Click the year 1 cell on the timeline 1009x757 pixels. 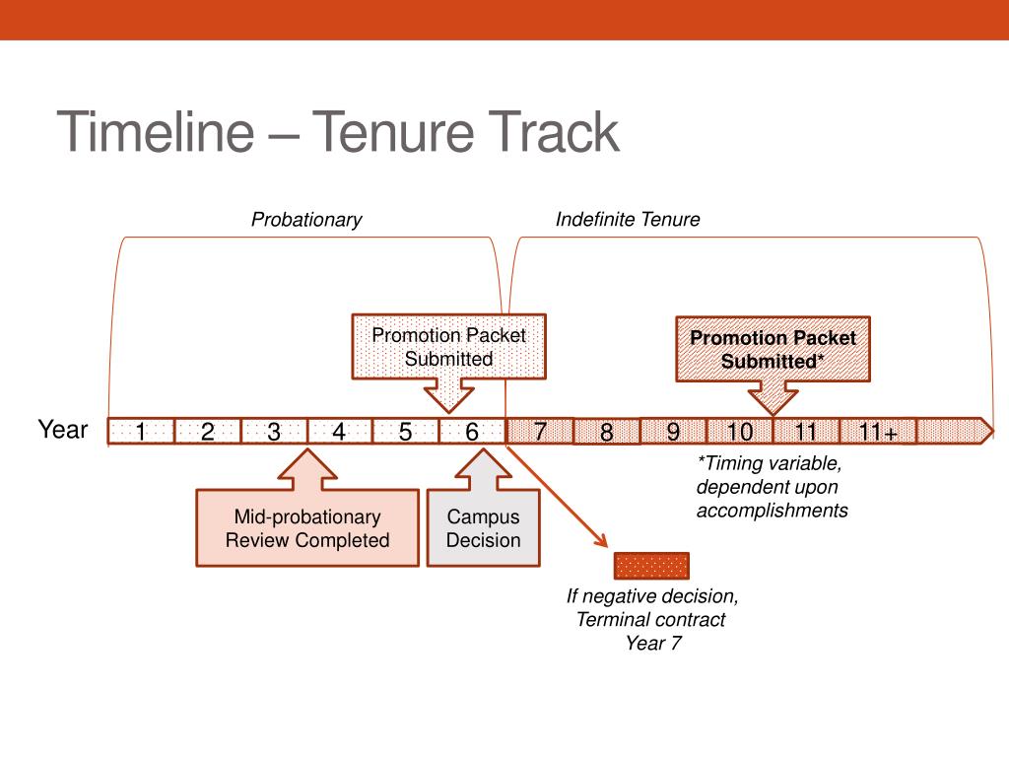click(141, 432)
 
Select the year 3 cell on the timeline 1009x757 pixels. click(274, 432)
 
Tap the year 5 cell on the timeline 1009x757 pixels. click(405, 432)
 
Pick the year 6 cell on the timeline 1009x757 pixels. click(472, 432)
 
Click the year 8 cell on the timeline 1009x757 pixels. click(607, 432)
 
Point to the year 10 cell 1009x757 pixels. click(739, 432)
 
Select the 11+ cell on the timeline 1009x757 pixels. click(878, 432)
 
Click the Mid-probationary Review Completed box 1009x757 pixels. click(307, 528)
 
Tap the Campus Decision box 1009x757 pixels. click(483, 528)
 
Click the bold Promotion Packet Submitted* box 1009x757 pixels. click(773, 349)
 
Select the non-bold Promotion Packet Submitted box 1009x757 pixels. click(448, 346)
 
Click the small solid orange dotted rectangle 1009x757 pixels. click(652, 566)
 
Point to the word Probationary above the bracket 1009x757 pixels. click(306, 220)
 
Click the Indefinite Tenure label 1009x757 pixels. click(628, 220)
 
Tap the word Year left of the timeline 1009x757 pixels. click(63, 430)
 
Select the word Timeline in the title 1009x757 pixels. click(156, 131)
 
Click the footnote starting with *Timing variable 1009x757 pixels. click(773, 487)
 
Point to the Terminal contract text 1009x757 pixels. click(650, 619)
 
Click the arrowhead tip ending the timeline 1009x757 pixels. click(993, 432)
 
